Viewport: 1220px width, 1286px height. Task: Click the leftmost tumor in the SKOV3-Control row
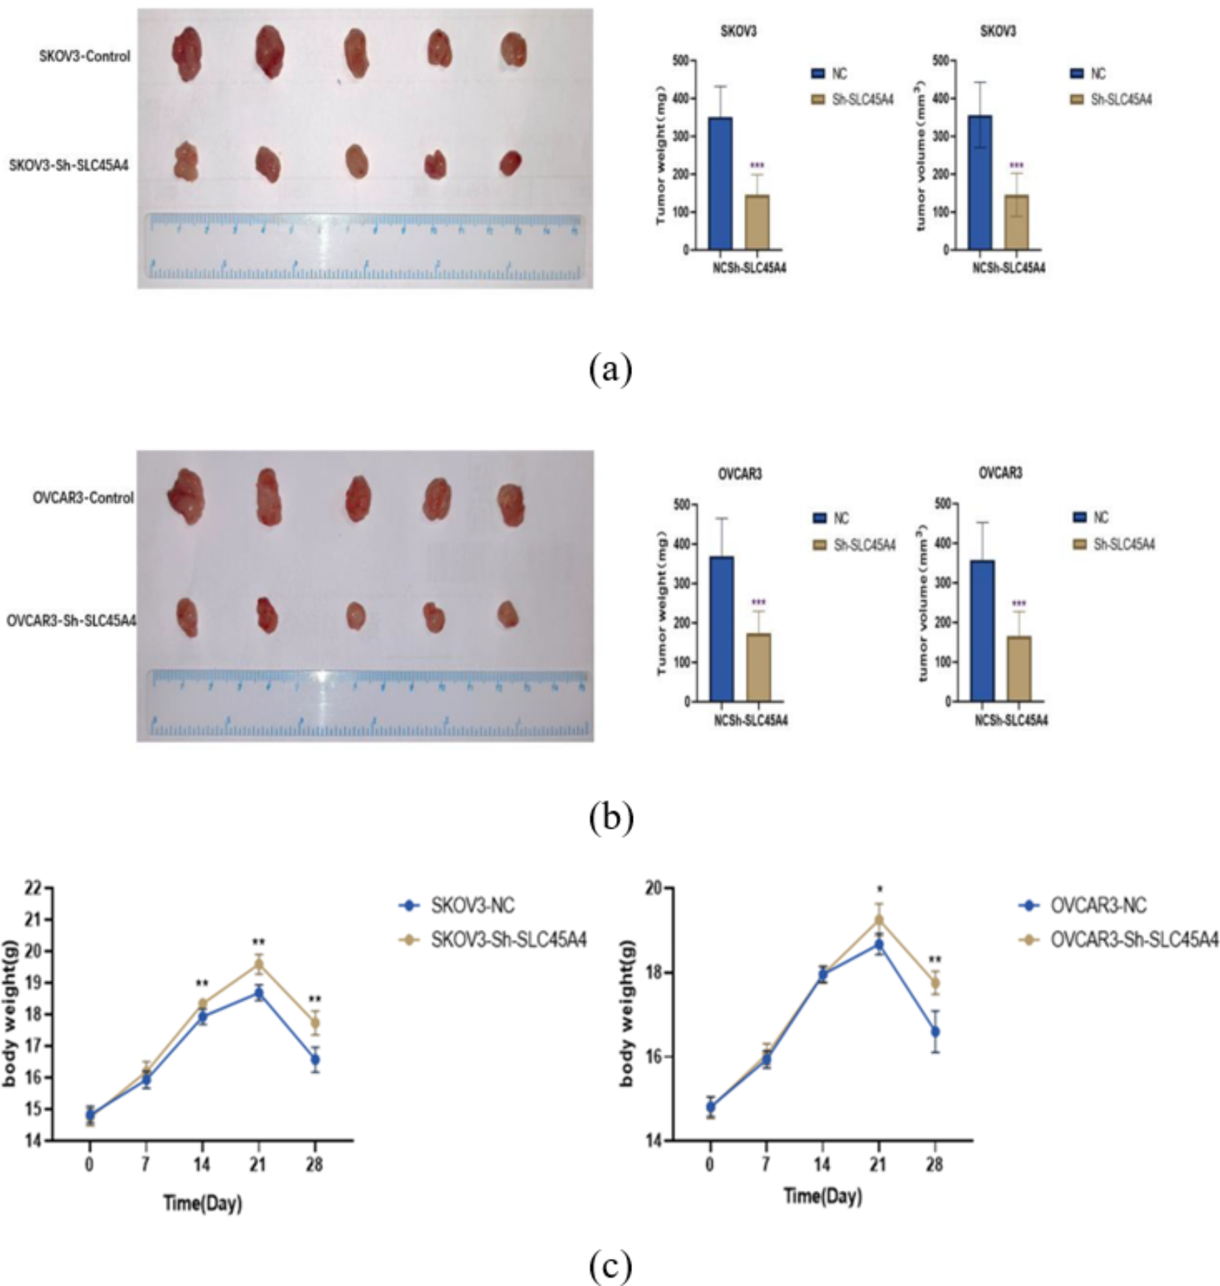pyautogui.click(x=187, y=53)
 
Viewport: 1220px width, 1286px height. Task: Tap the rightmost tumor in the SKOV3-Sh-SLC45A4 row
pyautogui.click(x=510, y=163)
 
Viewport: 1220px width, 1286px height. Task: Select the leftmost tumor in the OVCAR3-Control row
pyautogui.click(x=186, y=496)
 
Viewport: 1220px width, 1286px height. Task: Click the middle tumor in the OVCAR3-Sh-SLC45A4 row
pyautogui.click(x=356, y=615)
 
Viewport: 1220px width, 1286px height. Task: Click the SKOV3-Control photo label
pyautogui.click(x=85, y=56)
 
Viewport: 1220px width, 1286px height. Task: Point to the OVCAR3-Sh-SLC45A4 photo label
pyautogui.click(x=72, y=621)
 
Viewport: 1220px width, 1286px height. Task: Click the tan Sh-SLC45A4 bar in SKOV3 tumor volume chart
pyautogui.click(x=1016, y=222)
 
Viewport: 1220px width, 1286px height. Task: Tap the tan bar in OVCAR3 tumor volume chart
pyautogui.click(x=1019, y=668)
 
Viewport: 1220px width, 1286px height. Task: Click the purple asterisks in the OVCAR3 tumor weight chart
pyautogui.click(x=759, y=602)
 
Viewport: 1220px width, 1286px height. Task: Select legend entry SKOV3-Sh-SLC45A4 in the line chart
pyautogui.click(x=509, y=939)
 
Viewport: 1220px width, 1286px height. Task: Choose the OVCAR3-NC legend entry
pyautogui.click(x=1098, y=905)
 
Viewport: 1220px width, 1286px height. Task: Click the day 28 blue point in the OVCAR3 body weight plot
pyautogui.click(x=935, y=1031)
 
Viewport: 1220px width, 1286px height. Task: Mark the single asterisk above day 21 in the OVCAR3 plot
pyautogui.click(x=880, y=889)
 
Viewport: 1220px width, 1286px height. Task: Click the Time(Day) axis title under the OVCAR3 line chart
pyautogui.click(x=822, y=1196)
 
